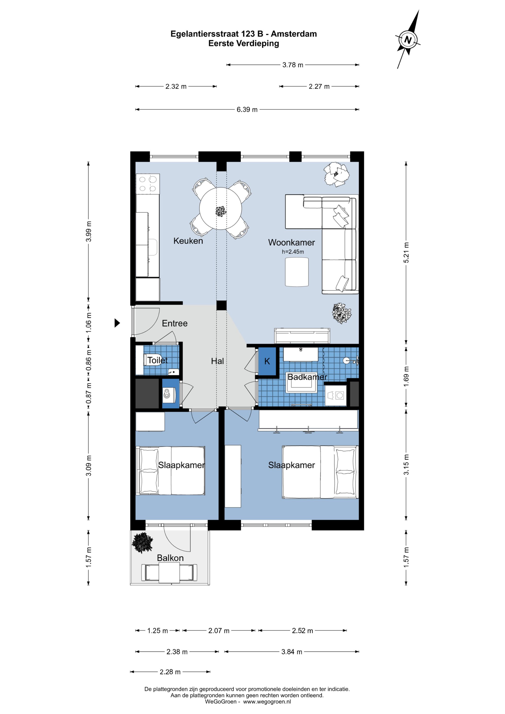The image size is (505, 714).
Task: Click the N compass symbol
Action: point(408,40)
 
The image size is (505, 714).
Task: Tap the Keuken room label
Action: point(188,241)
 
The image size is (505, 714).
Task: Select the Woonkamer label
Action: point(291,243)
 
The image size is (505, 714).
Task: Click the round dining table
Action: point(220,208)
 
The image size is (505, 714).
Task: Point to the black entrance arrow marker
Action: point(117,323)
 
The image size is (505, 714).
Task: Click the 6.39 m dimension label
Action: point(247,109)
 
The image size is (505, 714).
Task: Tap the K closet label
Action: point(267,361)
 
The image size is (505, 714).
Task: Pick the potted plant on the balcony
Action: point(142,543)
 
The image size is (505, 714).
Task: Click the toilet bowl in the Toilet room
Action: point(152,360)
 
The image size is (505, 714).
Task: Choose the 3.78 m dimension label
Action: point(293,65)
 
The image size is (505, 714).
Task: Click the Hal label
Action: point(217,361)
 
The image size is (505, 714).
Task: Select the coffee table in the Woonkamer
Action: point(297,272)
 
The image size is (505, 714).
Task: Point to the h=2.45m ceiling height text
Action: point(293,252)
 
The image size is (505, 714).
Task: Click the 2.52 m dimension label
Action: point(302,631)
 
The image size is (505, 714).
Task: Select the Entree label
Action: point(175,323)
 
